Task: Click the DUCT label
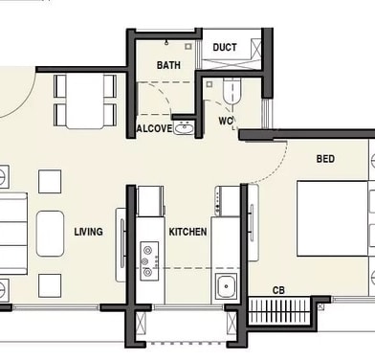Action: point(225,47)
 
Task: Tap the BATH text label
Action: point(168,65)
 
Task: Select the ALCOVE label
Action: point(154,128)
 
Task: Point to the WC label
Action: point(226,122)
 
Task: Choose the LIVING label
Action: point(89,232)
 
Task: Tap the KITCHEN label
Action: point(187,232)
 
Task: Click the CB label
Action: point(278,289)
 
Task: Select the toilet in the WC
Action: point(231,90)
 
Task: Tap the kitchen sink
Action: point(227,285)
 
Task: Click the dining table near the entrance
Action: point(85,101)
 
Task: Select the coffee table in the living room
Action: point(50,233)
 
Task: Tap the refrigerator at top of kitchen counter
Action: point(151,201)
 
